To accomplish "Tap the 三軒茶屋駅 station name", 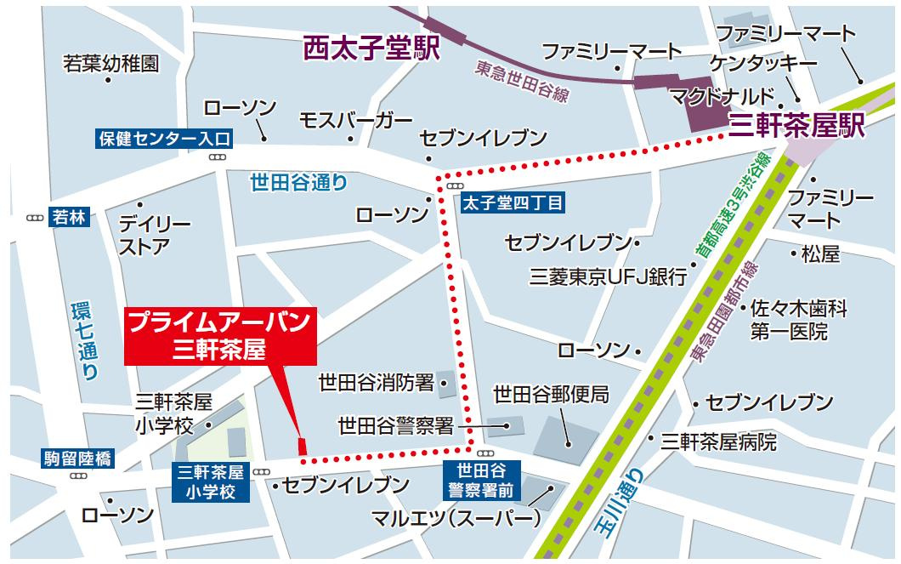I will click(796, 127).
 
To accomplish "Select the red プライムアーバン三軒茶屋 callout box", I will click(219, 336).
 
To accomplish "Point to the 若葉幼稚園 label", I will click(110, 63).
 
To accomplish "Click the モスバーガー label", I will click(356, 120).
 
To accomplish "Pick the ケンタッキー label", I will click(763, 65).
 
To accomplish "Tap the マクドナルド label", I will click(722, 94).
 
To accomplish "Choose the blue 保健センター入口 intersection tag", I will click(163, 138).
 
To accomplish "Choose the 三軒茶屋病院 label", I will click(718, 442).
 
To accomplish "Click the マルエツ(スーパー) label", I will click(456, 517).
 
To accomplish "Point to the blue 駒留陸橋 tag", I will click(76, 460).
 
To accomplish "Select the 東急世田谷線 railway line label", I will click(521, 83).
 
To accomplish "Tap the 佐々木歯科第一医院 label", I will click(797, 320).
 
